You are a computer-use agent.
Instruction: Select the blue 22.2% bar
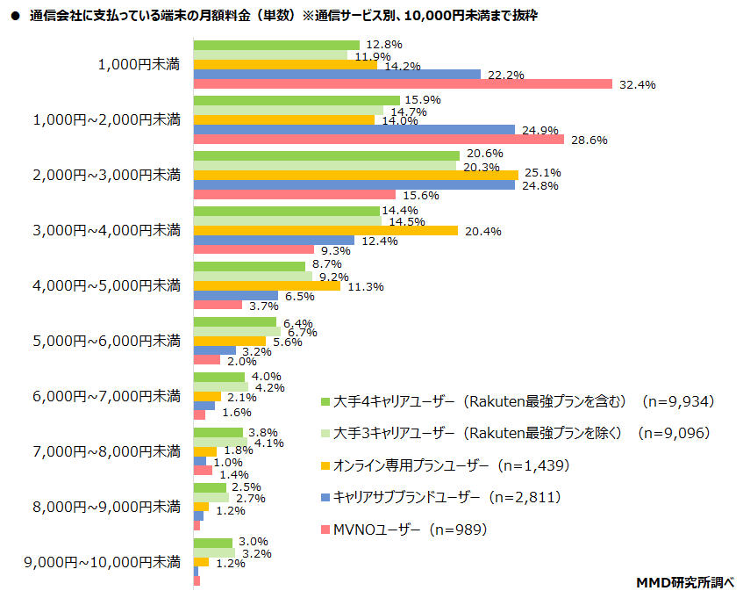click(x=337, y=75)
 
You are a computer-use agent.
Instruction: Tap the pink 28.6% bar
click(x=378, y=140)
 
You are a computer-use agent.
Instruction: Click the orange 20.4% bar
click(x=325, y=231)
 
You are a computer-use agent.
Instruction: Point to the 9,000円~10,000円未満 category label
click(x=103, y=561)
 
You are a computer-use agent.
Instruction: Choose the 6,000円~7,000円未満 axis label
click(x=106, y=396)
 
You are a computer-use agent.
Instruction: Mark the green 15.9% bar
click(x=296, y=100)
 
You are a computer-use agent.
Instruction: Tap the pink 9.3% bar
click(x=241, y=249)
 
